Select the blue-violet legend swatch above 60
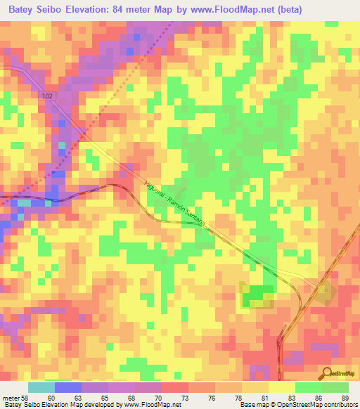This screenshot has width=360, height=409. point(67,387)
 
